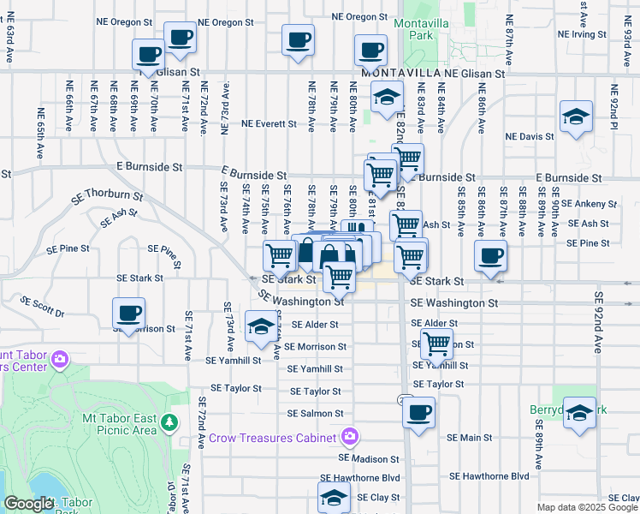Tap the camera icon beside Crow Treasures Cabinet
[348, 438]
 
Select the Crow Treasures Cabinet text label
[274, 438]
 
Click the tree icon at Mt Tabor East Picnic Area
[169, 421]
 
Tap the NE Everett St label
[269, 123]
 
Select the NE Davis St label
[530, 136]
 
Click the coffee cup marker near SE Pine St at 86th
[491, 255]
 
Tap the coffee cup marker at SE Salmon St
[418, 413]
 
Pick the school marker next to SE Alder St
[261, 326]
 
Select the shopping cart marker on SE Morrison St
[437, 344]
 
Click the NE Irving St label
[582, 35]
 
